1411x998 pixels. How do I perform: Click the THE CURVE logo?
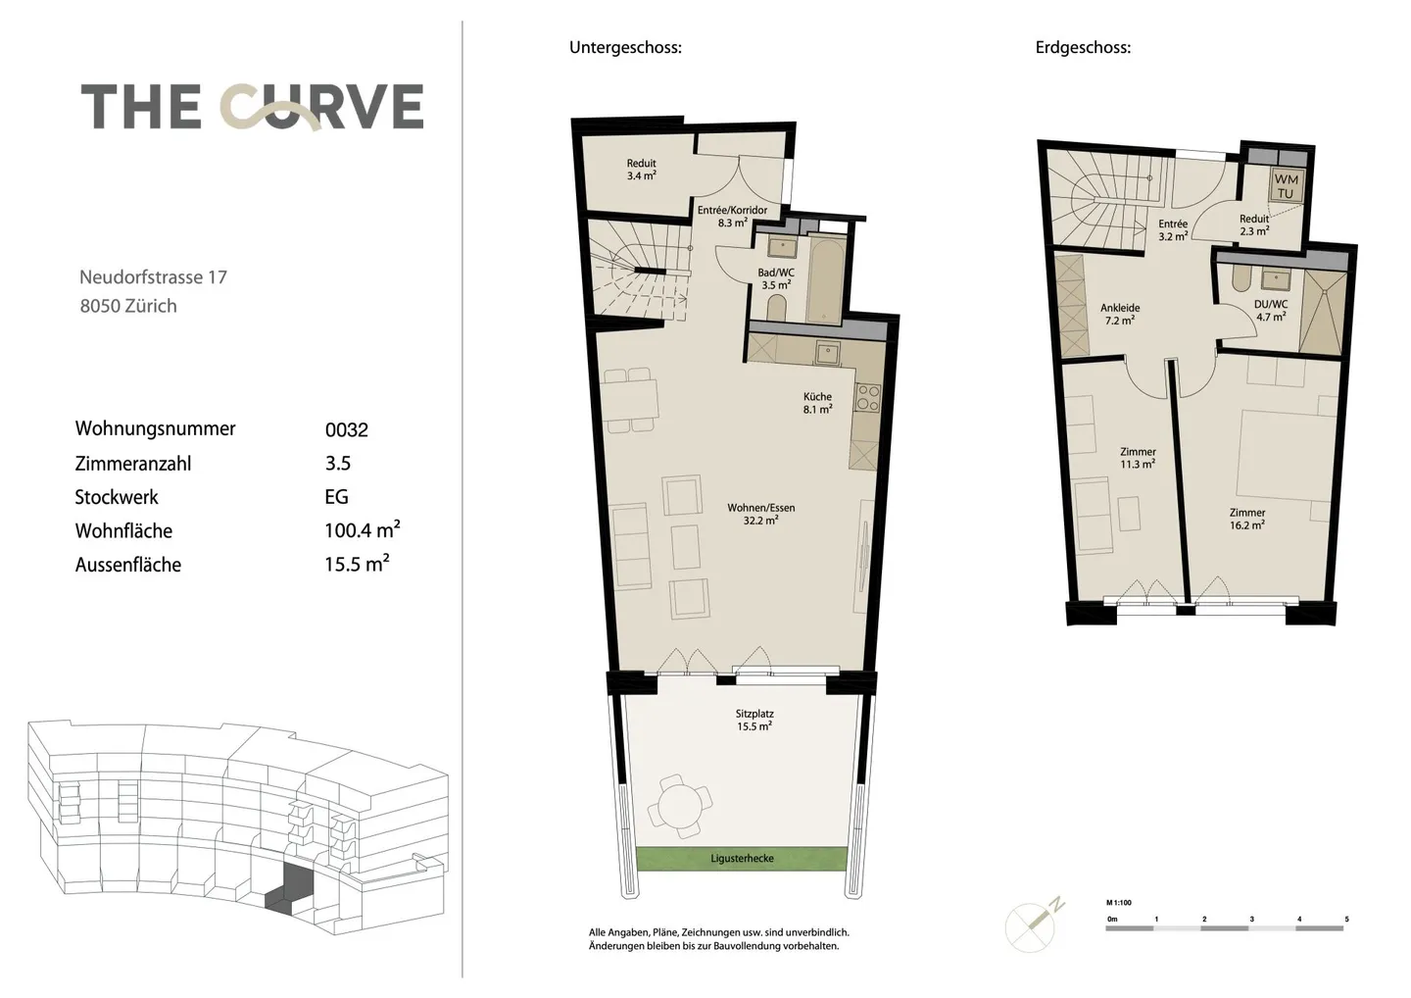(252, 107)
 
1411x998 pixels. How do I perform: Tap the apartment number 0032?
(346, 429)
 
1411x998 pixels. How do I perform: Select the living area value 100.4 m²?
(362, 530)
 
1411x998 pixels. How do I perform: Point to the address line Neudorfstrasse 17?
(153, 277)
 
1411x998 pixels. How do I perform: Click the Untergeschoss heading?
(625, 47)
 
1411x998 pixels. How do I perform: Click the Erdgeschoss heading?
(1083, 47)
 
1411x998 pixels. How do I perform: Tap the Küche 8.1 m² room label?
(817, 403)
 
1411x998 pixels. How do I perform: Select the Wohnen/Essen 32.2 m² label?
(761, 514)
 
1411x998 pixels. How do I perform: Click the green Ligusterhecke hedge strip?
(742, 859)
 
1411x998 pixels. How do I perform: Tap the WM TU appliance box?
(1286, 185)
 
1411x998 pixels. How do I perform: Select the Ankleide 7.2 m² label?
(1120, 314)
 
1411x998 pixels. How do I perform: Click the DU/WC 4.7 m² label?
(1271, 311)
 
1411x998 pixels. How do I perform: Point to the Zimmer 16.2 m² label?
(1247, 519)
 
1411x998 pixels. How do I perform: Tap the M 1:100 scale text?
(1119, 903)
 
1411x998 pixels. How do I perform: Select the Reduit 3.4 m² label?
(642, 170)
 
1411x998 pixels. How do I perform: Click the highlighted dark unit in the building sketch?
(288, 890)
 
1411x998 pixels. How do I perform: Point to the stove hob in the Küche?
(868, 396)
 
